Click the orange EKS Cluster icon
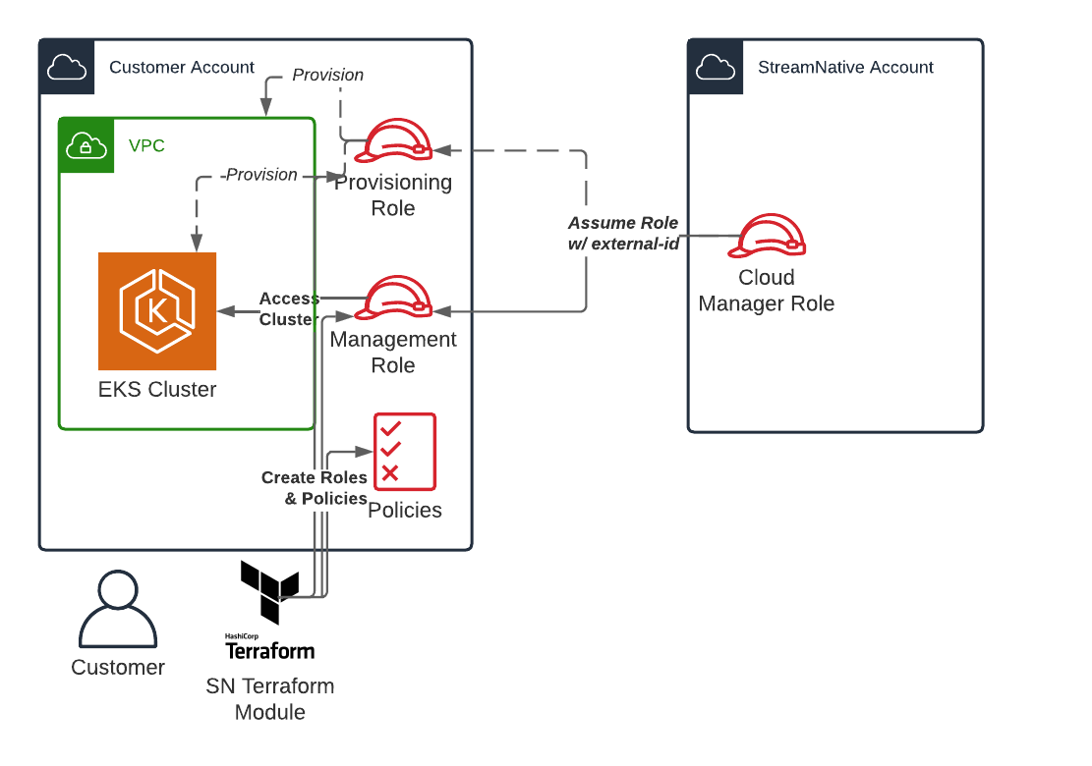(x=157, y=311)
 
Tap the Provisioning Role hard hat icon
(x=393, y=140)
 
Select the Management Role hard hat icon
(x=393, y=298)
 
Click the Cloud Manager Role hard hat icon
(x=772, y=236)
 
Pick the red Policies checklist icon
(x=404, y=452)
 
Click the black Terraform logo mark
(x=268, y=591)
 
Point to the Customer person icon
(x=118, y=610)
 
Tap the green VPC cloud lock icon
(x=86, y=145)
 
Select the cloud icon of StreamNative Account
(x=716, y=68)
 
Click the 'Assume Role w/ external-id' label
(x=623, y=234)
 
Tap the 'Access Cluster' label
(x=288, y=309)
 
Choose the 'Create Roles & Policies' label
(x=315, y=488)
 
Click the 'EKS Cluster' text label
(x=157, y=390)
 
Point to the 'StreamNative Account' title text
(x=845, y=68)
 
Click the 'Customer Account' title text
(x=182, y=68)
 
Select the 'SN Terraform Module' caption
(x=270, y=699)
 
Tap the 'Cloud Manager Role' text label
(x=767, y=291)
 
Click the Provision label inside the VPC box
(x=261, y=175)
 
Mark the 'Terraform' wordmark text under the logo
(x=270, y=650)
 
